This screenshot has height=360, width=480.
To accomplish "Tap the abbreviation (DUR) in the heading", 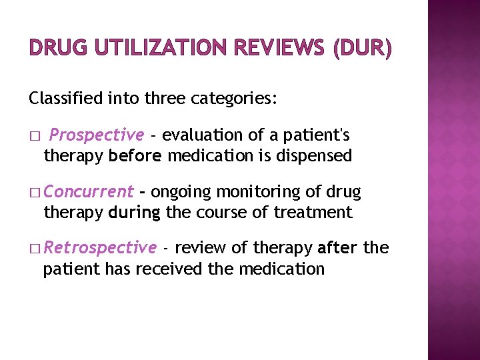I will click(x=358, y=49).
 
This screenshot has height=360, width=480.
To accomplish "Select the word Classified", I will click(x=60, y=99).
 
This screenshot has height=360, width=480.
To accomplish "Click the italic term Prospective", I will click(x=97, y=135).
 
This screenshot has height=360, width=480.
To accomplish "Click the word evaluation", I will click(x=203, y=135).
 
